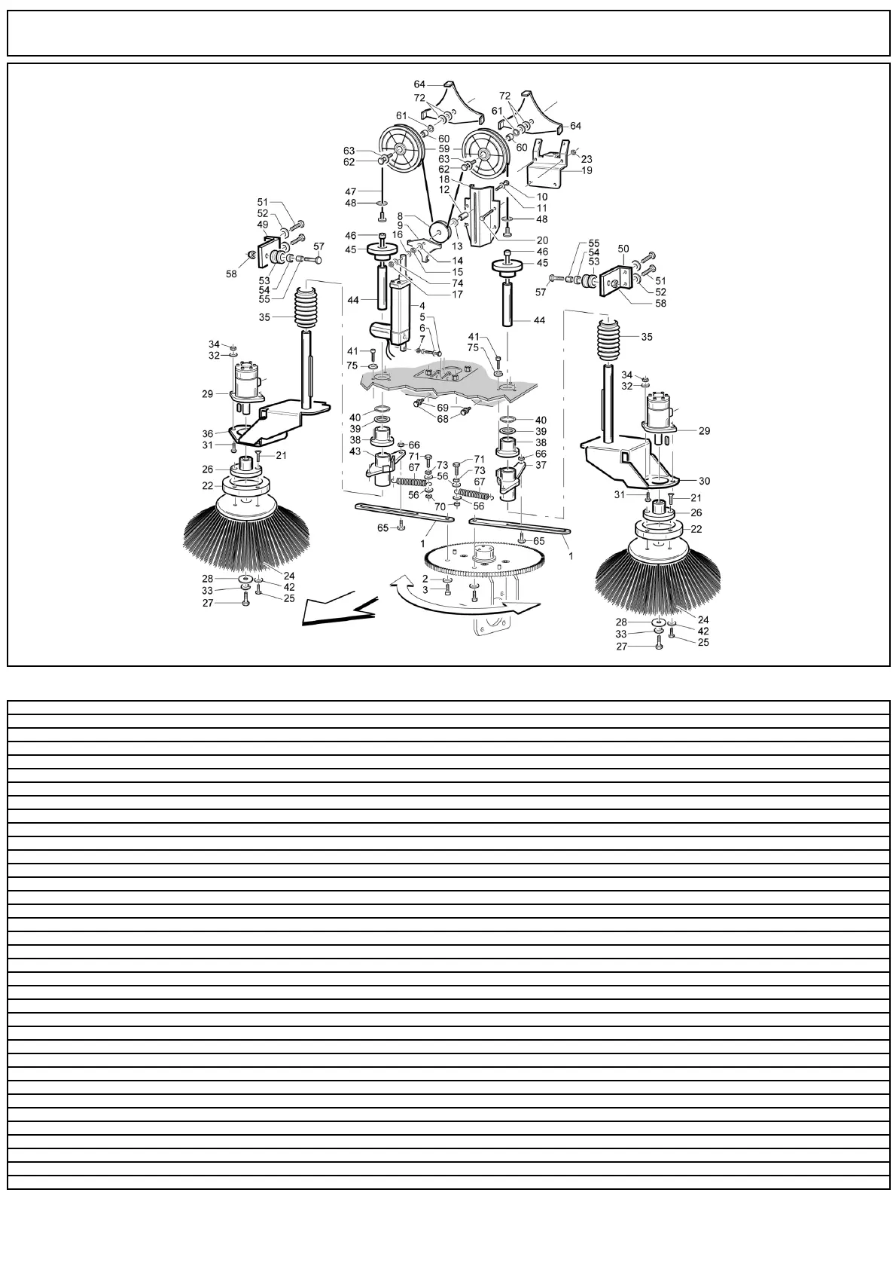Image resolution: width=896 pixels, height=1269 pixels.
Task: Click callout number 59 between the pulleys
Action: pyautogui.click(x=444, y=149)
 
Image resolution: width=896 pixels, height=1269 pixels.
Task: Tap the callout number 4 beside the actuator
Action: pyautogui.click(x=422, y=306)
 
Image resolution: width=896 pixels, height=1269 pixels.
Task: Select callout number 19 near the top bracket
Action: pyautogui.click(x=587, y=170)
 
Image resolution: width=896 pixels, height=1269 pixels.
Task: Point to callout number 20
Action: pyautogui.click(x=542, y=240)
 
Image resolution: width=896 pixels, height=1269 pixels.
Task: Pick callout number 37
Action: pyautogui.click(x=540, y=465)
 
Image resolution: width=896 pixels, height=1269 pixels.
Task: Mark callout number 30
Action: pyautogui.click(x=705, y=481)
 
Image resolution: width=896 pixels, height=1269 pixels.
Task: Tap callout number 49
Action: pyautogui.click(x=263, y=225)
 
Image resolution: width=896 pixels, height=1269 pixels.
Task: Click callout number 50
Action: pyautogui.click(x=623, y=248)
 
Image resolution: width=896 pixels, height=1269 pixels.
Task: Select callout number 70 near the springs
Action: pyautogui.click(x=440, y=506)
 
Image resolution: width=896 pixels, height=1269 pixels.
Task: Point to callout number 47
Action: pyautogui.click(x=371, y=192)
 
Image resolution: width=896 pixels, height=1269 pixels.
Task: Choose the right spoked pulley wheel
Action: pyautogui.click(x=483, y=156)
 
